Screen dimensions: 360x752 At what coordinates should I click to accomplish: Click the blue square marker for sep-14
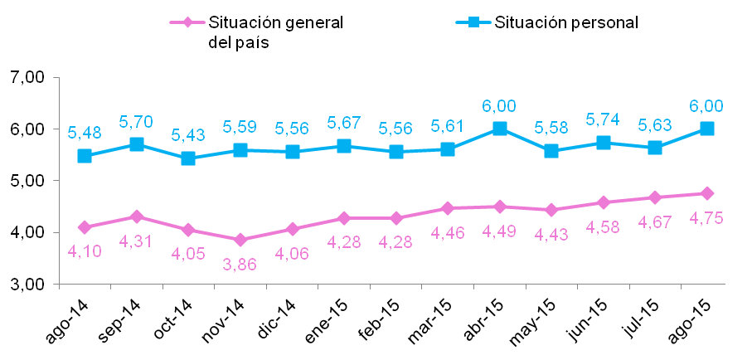point(136,144)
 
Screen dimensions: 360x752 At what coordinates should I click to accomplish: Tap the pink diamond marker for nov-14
point(240,240)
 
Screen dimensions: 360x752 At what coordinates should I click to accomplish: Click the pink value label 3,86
point(240,265)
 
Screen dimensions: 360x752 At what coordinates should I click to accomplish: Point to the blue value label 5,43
point(188,134)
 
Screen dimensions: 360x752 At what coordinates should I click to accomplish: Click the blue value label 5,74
point(603,119)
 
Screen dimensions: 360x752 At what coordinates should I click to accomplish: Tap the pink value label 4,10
point(85,251)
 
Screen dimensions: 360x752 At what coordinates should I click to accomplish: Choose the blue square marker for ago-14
point(85,156)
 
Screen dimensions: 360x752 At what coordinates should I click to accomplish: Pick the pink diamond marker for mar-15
point(448,208)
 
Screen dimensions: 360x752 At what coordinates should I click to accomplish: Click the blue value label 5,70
point(136,121)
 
